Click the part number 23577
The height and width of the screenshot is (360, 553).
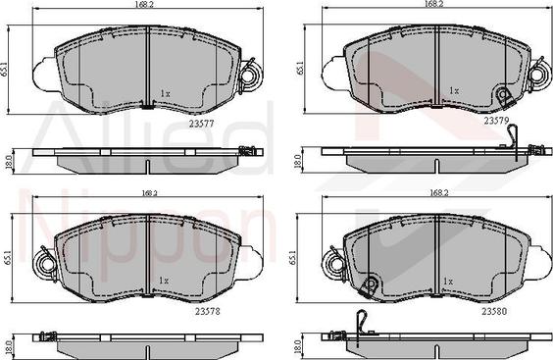pos(201,124)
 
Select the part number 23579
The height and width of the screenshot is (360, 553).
pos(496,121)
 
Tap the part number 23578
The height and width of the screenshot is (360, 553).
pos(208,312)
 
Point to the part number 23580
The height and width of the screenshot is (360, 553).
pos(494,311)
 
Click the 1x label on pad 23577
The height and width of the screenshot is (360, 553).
pos(166,94)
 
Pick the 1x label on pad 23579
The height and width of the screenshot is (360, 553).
pos(454,90)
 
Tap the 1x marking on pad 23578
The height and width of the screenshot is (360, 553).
pos(164,281)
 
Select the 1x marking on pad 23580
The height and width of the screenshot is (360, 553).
pos(448,282)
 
